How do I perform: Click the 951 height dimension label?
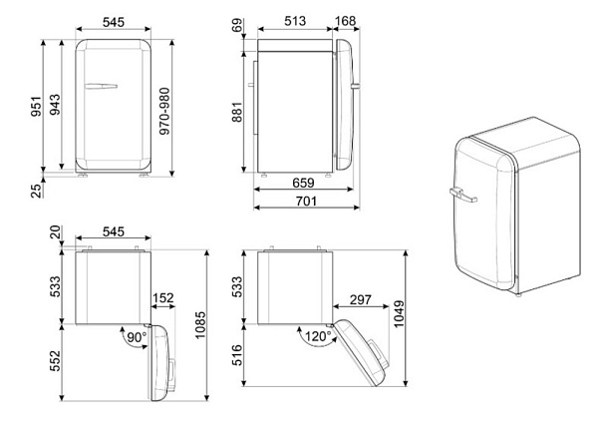[36, 107]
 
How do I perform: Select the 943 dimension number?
[55, 105]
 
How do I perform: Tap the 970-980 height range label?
[164, 111]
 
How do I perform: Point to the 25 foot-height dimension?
[36, 191]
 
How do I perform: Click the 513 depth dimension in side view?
[295, 21]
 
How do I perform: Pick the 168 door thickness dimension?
[345, 21]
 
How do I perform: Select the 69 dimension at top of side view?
[237, 26]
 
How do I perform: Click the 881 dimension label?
[237, 112]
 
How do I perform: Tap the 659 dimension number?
[303, 183]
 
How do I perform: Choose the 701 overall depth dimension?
[306, 201]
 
